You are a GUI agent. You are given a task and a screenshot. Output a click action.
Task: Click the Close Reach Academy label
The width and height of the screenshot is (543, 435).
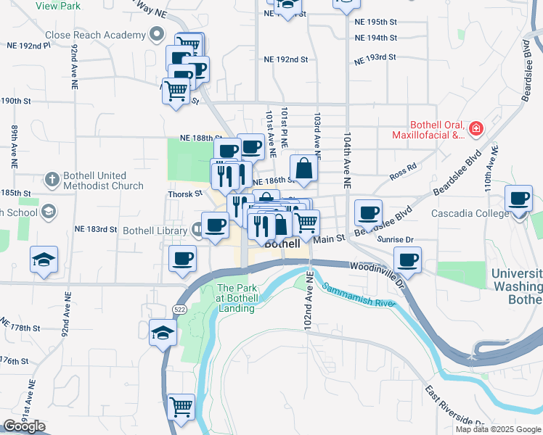(x=95, y=35)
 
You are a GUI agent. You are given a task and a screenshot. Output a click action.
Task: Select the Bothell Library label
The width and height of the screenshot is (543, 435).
(x=155, y=231)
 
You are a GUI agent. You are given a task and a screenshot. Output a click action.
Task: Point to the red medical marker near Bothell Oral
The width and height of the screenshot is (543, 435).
(x=476, y=129)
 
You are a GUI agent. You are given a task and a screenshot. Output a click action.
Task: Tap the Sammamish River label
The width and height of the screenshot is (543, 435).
(x=360, y=297)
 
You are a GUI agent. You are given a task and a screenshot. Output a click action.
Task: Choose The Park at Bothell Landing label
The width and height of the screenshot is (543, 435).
(x=237, y=298)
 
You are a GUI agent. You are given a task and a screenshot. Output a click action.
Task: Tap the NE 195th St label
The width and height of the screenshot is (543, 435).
(x=377, y=22)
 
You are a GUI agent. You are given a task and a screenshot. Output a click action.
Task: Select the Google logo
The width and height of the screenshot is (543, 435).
(x=24, y=426)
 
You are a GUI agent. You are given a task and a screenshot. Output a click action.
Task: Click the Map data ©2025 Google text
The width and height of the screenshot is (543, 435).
(x=498, y=429)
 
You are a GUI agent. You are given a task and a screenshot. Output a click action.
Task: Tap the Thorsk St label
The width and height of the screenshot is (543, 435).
(x=186, y=194)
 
